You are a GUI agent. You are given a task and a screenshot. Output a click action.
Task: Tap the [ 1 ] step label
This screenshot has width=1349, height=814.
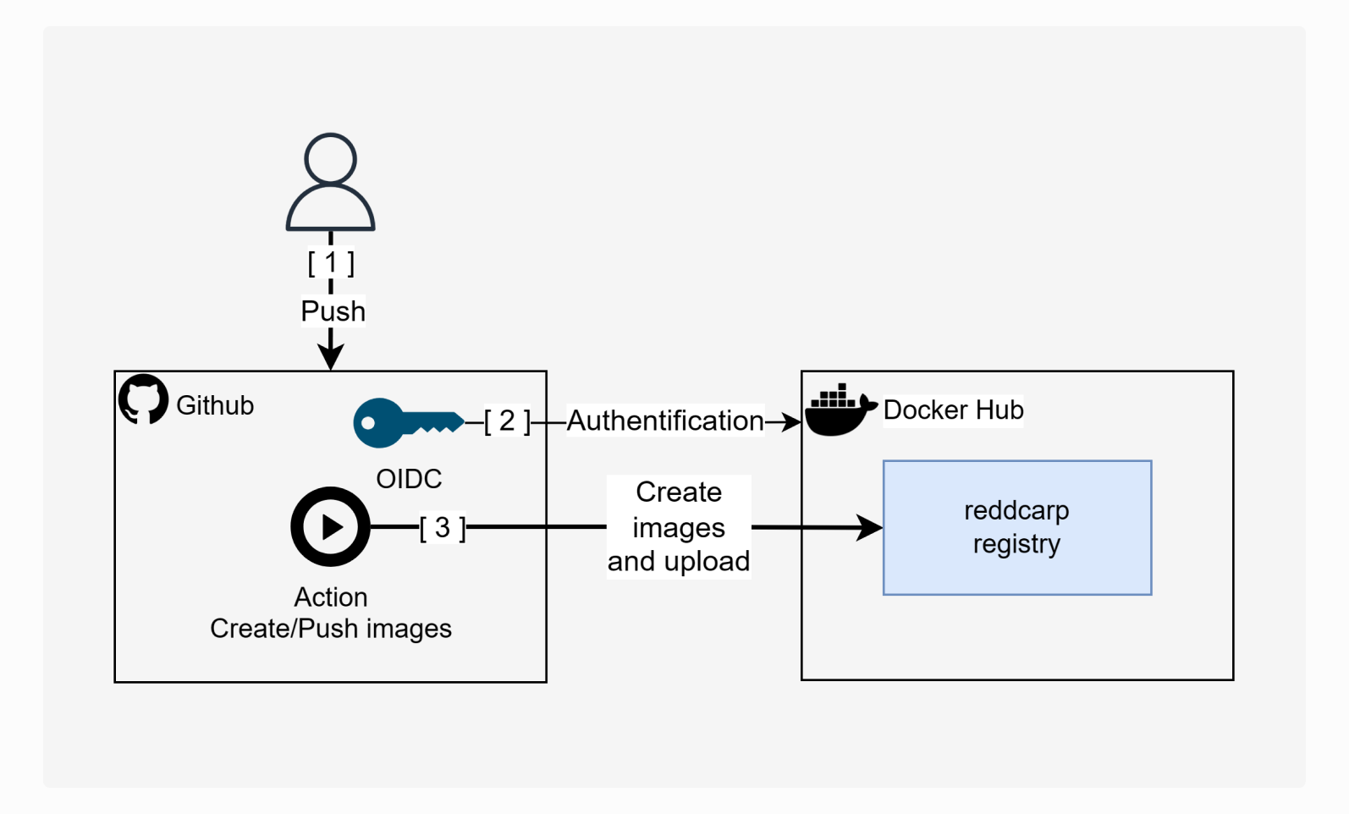tap(331, 263)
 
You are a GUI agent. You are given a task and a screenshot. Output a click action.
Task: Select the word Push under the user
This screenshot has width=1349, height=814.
tap(333, 311)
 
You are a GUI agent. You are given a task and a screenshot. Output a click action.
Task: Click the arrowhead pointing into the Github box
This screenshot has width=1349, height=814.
tap(331, 358)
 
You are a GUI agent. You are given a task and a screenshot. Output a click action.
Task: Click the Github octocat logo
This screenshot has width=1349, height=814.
tap(144, 399)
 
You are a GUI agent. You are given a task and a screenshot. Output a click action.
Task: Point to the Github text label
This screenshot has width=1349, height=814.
tap(215, 405)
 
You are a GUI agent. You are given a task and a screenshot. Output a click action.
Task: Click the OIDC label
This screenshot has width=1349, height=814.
tap(409, 479)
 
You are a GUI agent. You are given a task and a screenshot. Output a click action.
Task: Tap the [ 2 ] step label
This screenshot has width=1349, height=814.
tap(507, 421)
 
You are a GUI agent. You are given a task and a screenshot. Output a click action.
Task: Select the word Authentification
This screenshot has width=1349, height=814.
tap(665, 421)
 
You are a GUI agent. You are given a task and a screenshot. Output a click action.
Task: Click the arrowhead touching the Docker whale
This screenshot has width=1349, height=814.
tap(791, 421)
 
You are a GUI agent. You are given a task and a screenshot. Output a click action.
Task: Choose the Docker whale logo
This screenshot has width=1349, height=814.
tap(839, 411)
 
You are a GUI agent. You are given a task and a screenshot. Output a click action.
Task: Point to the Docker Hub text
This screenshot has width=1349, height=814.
tap(953, 410)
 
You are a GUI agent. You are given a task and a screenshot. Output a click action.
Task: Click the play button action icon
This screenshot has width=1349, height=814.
tap(331, 526)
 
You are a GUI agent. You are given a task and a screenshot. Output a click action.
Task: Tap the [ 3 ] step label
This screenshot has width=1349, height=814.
tap(442, 528)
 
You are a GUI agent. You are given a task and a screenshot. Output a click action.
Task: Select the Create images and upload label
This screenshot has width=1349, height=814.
tap(679, 526)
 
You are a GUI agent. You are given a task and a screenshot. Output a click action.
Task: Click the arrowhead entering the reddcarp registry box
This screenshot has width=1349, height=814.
tap(871, 527)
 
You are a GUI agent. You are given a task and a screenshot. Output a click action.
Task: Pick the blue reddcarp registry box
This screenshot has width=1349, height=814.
tap(1016, 527)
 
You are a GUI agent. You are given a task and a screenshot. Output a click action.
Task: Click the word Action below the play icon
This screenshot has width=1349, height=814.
tap(331, 597)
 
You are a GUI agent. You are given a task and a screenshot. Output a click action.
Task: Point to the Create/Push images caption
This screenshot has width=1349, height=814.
tap(331, 629)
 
